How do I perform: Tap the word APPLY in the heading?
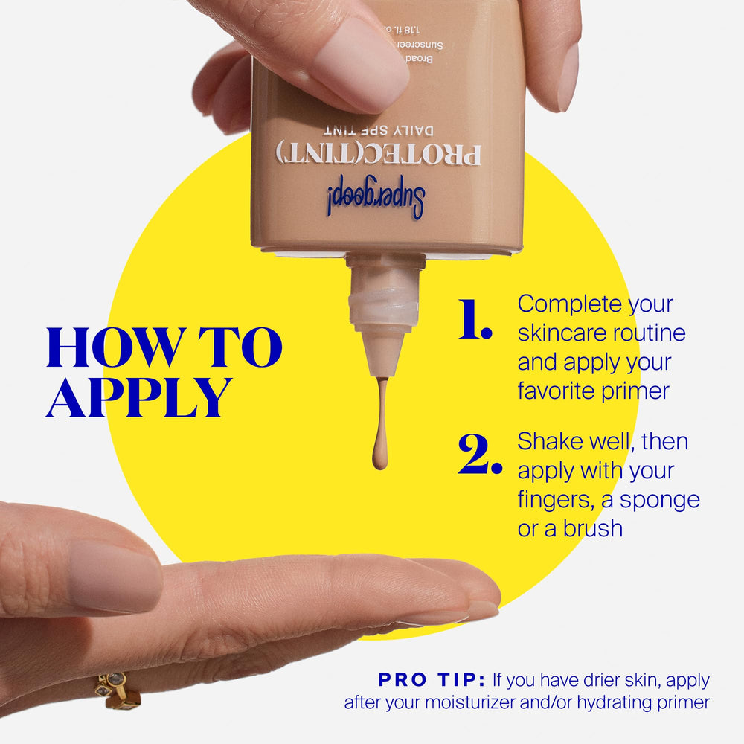tap(138, 397)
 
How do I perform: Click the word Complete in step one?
tap(570, 304)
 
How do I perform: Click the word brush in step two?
tap(592, 528)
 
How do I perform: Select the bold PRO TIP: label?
tap(432, 680)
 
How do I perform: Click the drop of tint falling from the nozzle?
tap(380, 454)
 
